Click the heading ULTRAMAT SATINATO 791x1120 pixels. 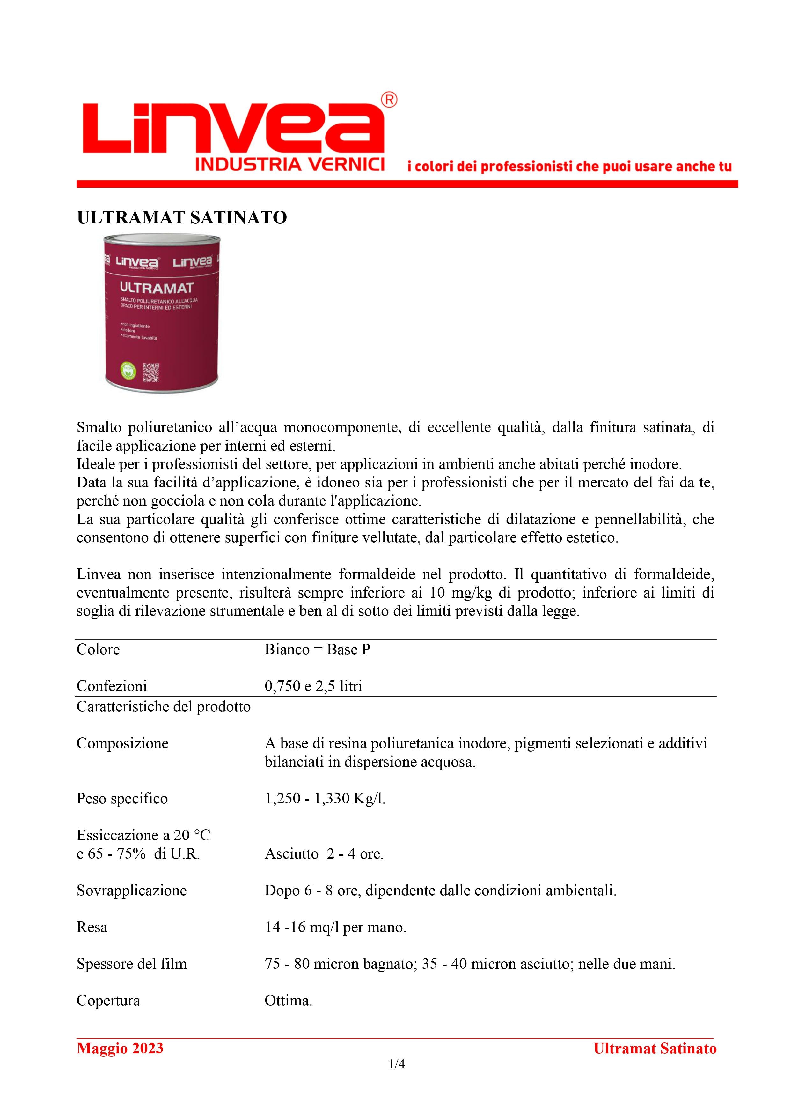182,218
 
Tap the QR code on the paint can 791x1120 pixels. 151,373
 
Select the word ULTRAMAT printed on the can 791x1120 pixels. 157,288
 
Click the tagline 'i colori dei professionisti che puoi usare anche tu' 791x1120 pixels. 569,167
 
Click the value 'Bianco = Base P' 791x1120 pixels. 317,650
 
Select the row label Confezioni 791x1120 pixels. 112,686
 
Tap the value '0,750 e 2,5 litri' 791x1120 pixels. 313,686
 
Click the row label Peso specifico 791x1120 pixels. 122,799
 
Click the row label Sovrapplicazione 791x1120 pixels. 132,891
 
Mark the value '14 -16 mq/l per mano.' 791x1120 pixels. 335,927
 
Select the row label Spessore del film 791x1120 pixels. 132,964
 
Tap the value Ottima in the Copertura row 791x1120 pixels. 288,1001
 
